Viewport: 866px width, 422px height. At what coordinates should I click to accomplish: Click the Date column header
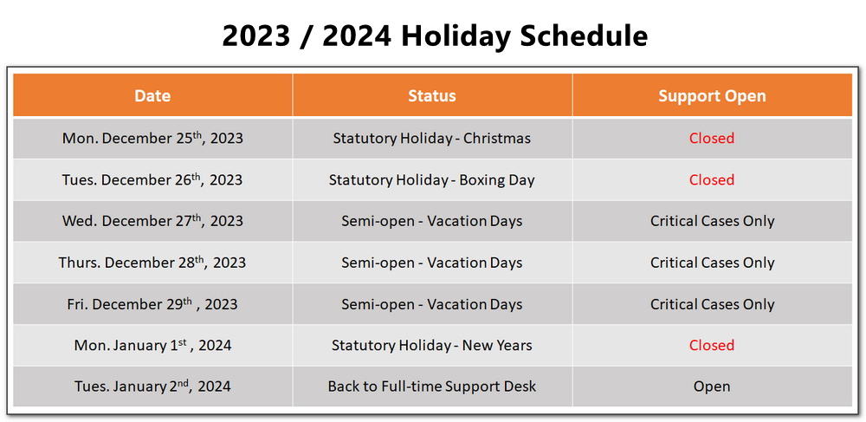click(x=152, y=95)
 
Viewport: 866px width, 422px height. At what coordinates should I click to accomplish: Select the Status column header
click(x=432, y=95)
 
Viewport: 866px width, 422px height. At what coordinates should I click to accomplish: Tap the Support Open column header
click(x=712, y=95)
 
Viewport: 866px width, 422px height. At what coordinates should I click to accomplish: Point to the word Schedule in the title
click(x=585, y=36)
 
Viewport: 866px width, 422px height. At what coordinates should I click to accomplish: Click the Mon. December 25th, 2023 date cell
click(x=152, y=138)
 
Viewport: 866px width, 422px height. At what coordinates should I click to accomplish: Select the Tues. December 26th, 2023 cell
click(x=152, y=179)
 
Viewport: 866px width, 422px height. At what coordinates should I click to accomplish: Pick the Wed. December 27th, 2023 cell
click(x=152, y=220)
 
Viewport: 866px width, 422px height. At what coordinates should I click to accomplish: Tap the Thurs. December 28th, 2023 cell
click(x=152, y=263)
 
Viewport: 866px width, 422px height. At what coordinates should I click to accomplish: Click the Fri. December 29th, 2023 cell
click(x=152, y=304)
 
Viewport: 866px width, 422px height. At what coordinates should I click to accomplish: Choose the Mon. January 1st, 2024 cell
click(x=152, y=345)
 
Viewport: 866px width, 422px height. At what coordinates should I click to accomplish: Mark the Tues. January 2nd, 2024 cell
click(x=152, y=386)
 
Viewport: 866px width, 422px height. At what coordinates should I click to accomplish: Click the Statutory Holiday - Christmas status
click(x=432, y=138)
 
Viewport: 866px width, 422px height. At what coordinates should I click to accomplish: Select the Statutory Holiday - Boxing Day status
click(x=432, y=180)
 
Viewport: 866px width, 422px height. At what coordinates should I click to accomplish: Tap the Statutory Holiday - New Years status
click(x=432, y=346)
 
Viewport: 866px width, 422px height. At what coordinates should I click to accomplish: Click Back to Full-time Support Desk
click(x=432, y=386)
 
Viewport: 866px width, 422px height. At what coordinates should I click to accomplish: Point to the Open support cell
click(x=712, y=386)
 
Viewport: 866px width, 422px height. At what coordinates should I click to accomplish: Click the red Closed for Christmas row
click(x=712, y=138)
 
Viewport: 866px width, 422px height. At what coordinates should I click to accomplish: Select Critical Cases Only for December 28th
click(x=712, y=263)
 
